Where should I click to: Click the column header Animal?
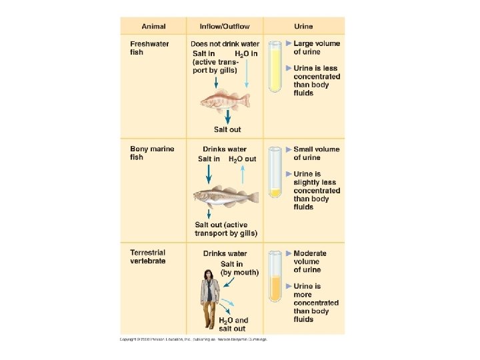[x=153, y=27]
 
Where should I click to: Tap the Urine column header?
[x=303, y=27]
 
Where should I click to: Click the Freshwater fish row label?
[x=149, y=48]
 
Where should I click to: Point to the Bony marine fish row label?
[x=152, y=153]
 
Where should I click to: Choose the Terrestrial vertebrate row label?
[x=148, y=257]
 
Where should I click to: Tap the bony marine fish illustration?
[x=225, y=197]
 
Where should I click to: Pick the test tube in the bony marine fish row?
[x=275, y=173]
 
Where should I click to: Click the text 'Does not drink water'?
[x=225, y=44]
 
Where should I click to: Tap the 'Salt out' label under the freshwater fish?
[x=227, y=129]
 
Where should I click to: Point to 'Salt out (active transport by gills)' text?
[x=225, y=229]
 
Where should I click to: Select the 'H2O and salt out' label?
[x=233, y=324]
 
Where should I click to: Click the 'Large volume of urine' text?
[x=317, y=48]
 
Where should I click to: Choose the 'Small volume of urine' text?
[x=317, y=153]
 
